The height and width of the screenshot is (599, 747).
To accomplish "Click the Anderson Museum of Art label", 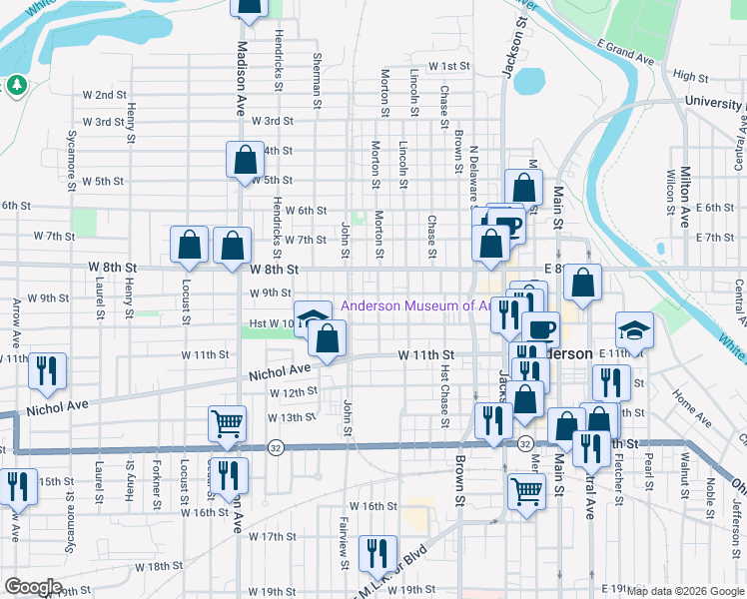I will pyautogui.click(x=413, y=306).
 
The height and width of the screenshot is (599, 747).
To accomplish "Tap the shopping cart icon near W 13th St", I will pyautogui.click(x=228, y=423).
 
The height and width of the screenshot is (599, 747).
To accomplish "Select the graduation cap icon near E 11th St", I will pyautogui.click(x=634, y=330).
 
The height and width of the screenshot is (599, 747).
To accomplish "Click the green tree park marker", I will pyautogui.click(x=16, y=86).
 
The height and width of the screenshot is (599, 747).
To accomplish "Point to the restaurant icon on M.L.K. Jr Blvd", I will pyautogui.click(x=377, y=553).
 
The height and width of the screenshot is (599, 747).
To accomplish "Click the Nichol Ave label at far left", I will pyautogui.click(x=58, y=407).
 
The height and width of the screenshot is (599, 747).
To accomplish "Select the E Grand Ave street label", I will pyautogui.click(x=626, y=53).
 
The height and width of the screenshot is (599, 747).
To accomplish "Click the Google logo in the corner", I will pyautogui.click(x=34, y=587).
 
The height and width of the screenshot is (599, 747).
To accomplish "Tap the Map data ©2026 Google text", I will pyautogui.click(x=685, y=591).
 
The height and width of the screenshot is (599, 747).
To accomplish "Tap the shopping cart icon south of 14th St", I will pyautogui.click(x=525, y=490).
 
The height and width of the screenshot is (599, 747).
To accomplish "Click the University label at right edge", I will pyautogui.click(x=714, y=103).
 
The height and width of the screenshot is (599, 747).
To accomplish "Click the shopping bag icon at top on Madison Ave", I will pyautogui.click(x=249, y=6).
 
